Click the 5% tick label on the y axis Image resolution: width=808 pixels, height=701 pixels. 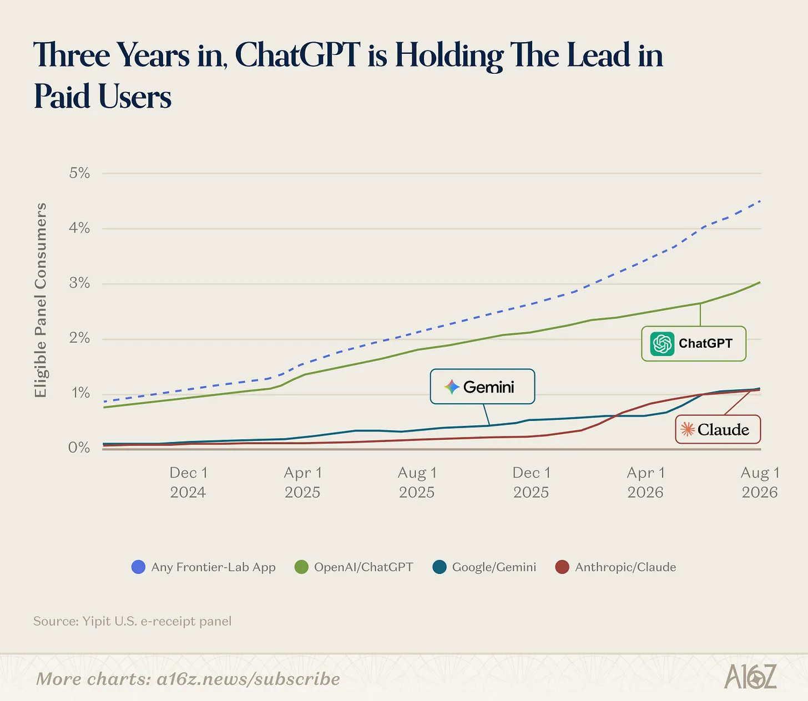(79, 173)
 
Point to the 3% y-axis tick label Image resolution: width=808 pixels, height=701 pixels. (79, 283)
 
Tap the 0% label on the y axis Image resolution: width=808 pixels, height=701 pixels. (79, 448)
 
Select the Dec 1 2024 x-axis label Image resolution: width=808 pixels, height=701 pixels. (188, 482)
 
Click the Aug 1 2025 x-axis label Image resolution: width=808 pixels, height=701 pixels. (417, 482)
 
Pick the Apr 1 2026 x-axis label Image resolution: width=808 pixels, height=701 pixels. (646, 482)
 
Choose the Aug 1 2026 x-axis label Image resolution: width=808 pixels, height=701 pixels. (760, 482)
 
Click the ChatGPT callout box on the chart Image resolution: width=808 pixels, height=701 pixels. (694, 343)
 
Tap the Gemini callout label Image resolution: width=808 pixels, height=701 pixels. (482, 387)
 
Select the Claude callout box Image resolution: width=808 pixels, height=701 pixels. (718, 429)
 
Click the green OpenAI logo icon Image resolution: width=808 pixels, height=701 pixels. (662, 344)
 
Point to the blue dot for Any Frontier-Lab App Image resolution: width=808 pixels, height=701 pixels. (138, 567)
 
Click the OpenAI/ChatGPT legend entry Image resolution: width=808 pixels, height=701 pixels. (354, 567)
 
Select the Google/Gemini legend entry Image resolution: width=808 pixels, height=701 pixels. (484, 567)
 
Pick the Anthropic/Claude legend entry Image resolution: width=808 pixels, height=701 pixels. (615, 567)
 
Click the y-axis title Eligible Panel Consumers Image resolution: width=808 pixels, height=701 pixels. (41, 300)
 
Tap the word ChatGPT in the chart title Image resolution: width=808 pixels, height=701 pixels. (298, 55)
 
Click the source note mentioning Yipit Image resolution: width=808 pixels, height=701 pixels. (132, 621)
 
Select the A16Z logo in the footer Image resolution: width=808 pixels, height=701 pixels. (750, 676)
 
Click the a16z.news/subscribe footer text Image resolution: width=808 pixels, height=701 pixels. (249, 679)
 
